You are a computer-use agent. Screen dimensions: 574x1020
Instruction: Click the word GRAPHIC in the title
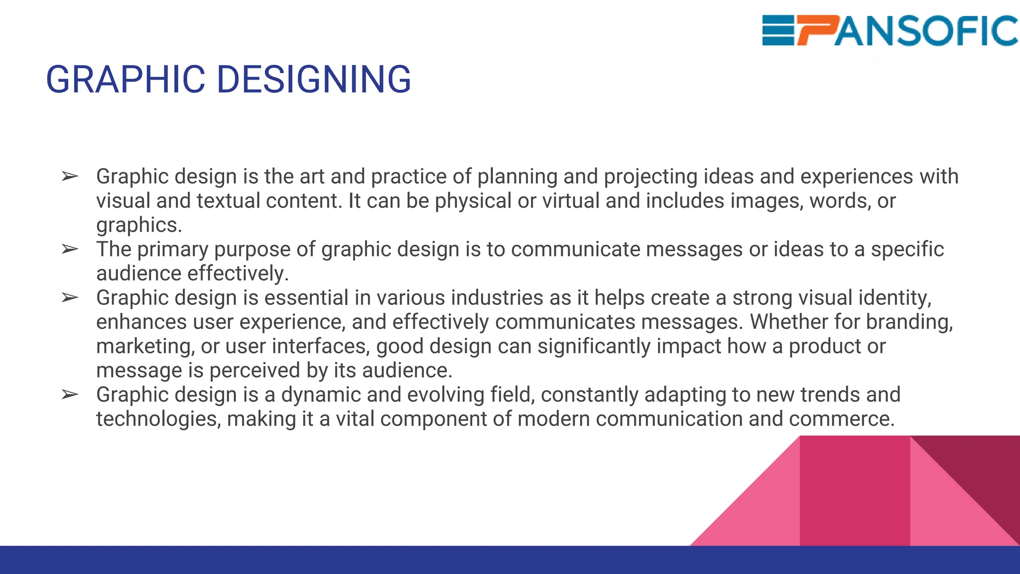(125, 80)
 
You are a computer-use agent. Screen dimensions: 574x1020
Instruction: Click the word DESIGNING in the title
(314, 80)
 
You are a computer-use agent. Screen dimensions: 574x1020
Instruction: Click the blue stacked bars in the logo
(778, 31)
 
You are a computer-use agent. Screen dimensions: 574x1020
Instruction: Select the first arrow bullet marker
(70, 176)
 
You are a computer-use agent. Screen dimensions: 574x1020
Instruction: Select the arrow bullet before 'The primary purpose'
(70, 249)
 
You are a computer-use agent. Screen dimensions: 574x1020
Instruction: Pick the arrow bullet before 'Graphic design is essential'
(70, 297)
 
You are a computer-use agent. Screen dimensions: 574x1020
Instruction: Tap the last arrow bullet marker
(70, 395)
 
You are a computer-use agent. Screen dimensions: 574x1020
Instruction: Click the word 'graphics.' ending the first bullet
(139, 225)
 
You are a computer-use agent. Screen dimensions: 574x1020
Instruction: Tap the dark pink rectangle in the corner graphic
(855, 491)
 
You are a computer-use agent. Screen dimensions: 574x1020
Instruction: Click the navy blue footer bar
(510, 560)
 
